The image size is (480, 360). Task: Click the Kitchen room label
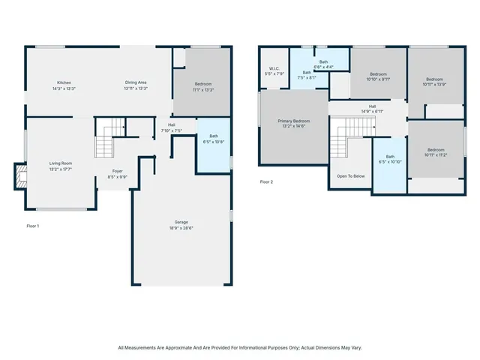click(x=64, y=82)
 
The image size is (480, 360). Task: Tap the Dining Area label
click(x=136, y=82)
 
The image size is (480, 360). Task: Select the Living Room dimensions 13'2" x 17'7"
click(x=60, y=169)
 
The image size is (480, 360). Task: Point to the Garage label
click(x=181, y=221)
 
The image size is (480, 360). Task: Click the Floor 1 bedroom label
click(x=203, y=84)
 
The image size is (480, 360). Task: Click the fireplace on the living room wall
click(x=19, y=177)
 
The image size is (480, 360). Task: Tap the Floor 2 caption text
click(x=266, y=181)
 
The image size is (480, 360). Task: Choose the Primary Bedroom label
click(x=294, y=120)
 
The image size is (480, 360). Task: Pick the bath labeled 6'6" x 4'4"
click(x=323, y=63)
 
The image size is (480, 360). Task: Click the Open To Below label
click(x=350, y=175)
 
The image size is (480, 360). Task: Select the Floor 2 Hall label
click(x=372, y=109)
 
